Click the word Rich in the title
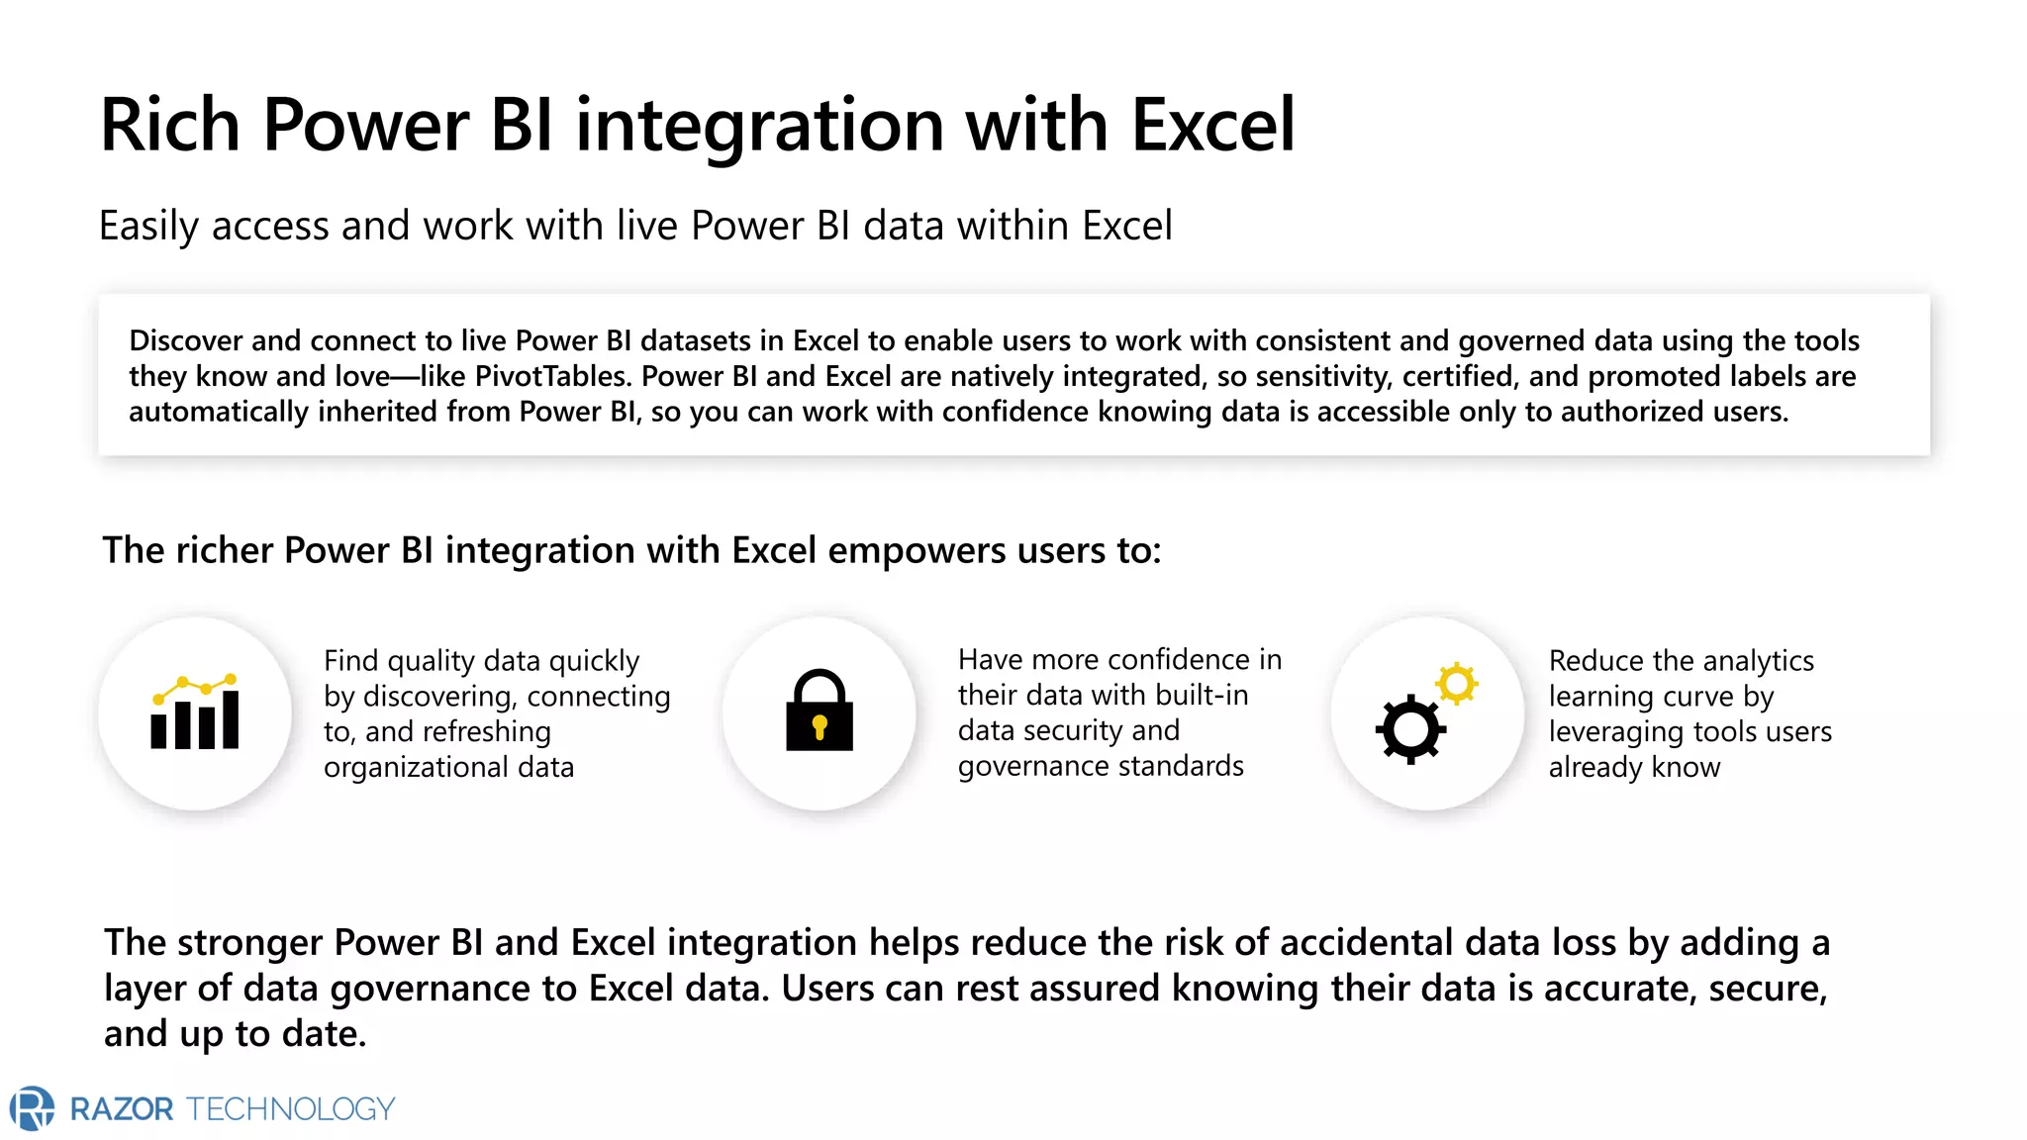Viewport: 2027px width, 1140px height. point(170,126)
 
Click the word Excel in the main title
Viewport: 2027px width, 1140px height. point(1211,126)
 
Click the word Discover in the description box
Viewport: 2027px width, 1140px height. point(185,341)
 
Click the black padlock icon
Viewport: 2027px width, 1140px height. point(819,711)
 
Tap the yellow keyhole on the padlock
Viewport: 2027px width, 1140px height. point(819,728)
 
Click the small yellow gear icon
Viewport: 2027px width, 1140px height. point(1457,683)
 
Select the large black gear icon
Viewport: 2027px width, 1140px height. point(1410,730)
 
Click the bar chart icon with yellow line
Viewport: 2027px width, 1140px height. point(195,712)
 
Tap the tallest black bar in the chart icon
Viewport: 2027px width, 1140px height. point(231,719)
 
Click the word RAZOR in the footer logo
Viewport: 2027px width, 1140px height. point(122,1109)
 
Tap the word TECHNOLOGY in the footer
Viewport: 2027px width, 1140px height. point(290,1109)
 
